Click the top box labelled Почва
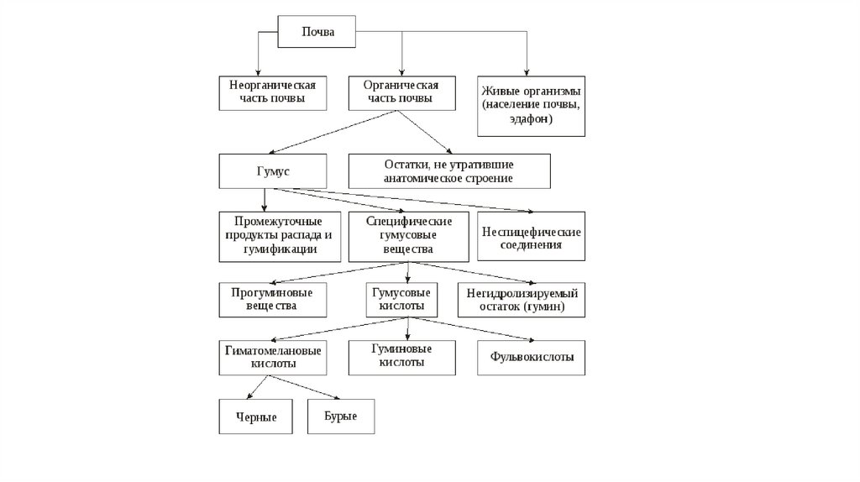pos(318,33)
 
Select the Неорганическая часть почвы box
pos(272,92)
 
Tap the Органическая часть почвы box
pos(401,92)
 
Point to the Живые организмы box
pos(530,105)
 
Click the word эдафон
pos(530,120)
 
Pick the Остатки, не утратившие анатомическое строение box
pos(448,171)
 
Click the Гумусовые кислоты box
pos(401,299)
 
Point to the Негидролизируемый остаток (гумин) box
pos(522,300)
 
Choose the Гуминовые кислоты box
pos(401,356)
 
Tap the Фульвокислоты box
pos(532,357)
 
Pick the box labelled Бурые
pos(340,417)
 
